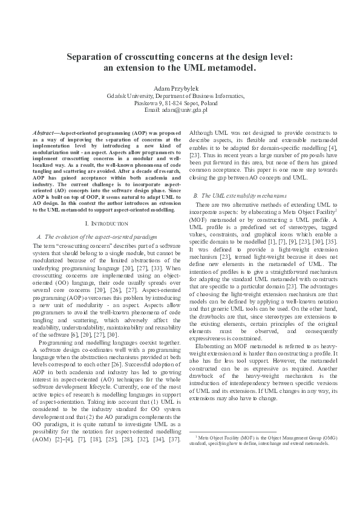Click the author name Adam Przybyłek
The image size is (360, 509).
click(180, 88)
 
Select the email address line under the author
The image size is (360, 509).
click(180, 111)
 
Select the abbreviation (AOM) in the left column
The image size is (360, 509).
click(42, 438)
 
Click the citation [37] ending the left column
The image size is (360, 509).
click(174, 438)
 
